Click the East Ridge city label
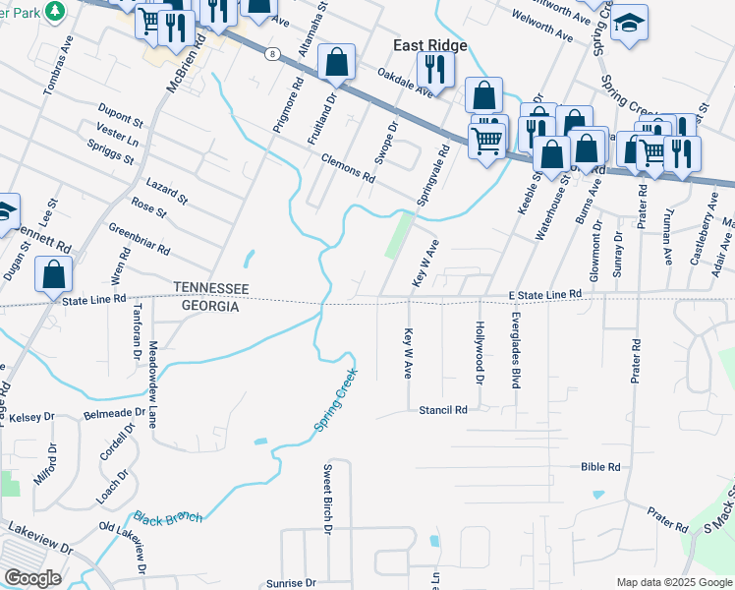click(x=429, y=45)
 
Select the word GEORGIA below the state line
click(x=206, y=307)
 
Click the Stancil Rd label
click(x=442, y=408)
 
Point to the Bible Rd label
click(x=600, y=467)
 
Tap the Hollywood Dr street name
click(x=481, y=352)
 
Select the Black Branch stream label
click(x=167, y=518)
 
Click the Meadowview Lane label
click(x=152, y=384)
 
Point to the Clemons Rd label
click(x=348, y=172)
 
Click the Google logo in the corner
click(x=32, y=578)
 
